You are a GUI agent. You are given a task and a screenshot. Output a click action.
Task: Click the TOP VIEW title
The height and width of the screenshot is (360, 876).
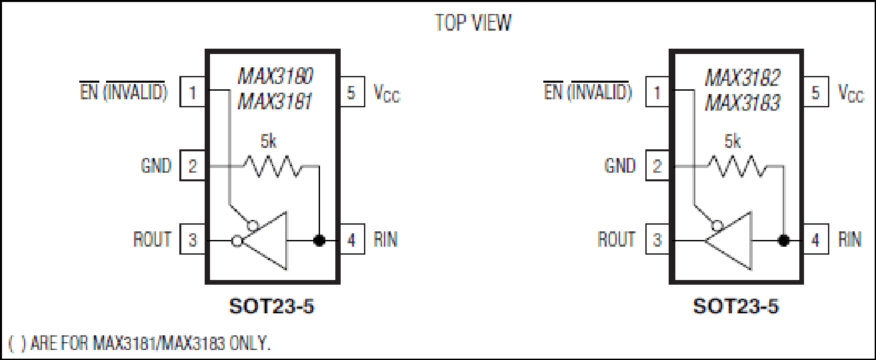(x=473, y=23)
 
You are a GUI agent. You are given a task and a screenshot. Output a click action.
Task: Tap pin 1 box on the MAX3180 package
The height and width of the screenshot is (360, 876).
(x=193, y=92)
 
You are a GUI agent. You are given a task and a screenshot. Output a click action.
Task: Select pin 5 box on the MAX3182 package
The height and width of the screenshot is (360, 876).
(x=815, y=92)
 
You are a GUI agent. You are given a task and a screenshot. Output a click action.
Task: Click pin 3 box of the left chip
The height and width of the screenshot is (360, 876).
(x=193, y=239)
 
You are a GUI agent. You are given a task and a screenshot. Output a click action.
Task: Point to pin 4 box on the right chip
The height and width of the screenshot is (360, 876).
(x=815, y=239)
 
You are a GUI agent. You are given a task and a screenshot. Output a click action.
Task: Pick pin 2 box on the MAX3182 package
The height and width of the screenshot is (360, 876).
(x=657, y=165)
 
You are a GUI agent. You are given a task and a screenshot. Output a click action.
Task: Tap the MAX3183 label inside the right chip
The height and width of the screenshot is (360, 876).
(x=742, y=103)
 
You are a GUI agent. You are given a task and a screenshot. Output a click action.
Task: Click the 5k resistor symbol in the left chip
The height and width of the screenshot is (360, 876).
(x=273, y=166)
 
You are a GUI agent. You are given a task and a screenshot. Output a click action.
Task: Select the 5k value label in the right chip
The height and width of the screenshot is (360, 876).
(x=733, y=141)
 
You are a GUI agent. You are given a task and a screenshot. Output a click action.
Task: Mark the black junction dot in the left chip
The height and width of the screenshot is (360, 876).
(x=319, y=241)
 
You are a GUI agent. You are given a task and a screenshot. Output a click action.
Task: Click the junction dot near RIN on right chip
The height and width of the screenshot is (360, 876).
(x=784, y=241)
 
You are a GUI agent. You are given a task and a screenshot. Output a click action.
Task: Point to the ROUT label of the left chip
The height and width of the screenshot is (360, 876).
(x=152, y=239)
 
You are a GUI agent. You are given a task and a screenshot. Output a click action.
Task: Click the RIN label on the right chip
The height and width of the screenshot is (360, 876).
(x=850, y=239)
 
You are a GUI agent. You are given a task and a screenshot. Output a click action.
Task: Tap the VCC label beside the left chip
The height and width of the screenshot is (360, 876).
(x=387, y=93)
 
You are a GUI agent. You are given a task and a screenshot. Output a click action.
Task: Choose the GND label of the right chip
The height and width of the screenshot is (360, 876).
(x=620, y=166)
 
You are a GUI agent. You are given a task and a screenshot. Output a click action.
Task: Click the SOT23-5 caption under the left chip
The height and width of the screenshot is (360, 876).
(x=271, y=306)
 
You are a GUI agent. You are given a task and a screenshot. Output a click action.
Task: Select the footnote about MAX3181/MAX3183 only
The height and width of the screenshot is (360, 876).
(x=139, y=343)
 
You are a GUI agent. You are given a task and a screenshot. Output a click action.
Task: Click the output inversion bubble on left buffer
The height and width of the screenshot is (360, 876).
(x=237, y=241)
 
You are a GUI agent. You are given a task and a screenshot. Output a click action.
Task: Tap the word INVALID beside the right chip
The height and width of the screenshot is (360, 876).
(x=599, y=92)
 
